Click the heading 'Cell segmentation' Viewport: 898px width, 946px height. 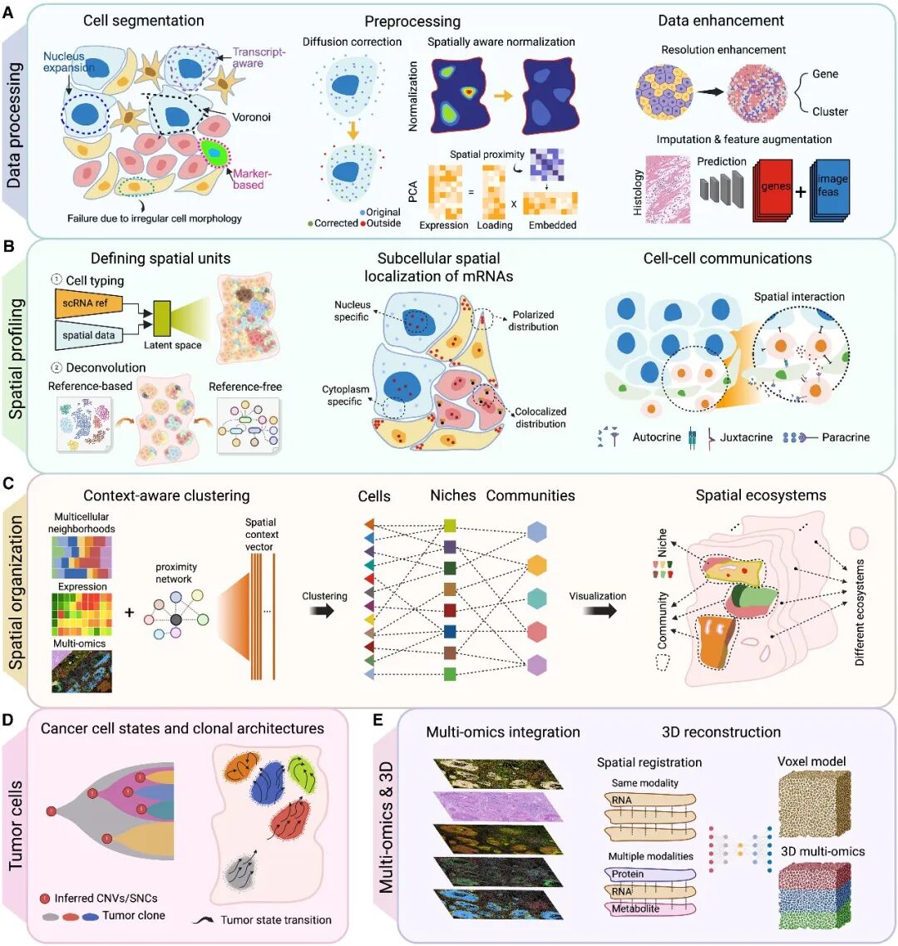point(143,20)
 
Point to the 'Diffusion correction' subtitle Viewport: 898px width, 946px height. point(352,42)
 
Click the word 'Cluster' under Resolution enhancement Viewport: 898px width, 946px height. point(830,111)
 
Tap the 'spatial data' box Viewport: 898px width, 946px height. point(88,335)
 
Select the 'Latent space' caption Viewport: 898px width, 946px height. point(172,345)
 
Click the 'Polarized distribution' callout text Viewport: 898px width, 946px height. point(533,320)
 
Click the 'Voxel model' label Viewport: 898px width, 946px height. point(812,761)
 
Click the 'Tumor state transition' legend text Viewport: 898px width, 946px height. point(276,919)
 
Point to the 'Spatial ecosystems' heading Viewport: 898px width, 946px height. point(761,495)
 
